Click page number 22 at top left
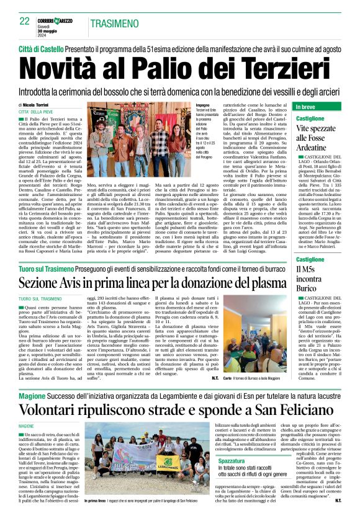point(25,21)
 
